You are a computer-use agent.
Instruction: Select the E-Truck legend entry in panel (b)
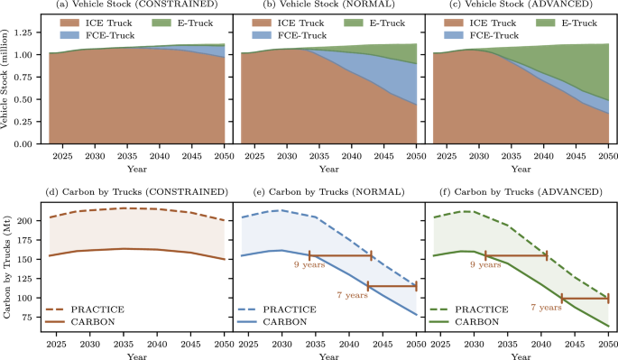pyautogui.click(x=377, y=21)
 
